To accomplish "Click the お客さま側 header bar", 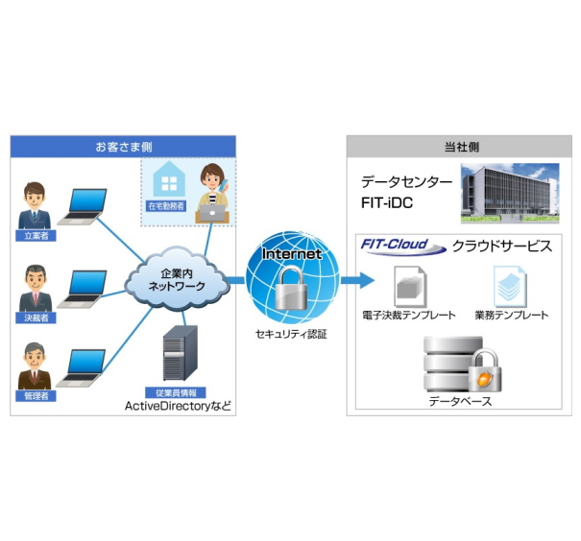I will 123,147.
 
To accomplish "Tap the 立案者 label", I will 36,234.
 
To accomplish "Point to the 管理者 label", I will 36,395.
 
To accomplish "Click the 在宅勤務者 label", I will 166,205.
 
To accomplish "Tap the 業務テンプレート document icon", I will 509,285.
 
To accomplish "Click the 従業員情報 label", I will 175,393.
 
